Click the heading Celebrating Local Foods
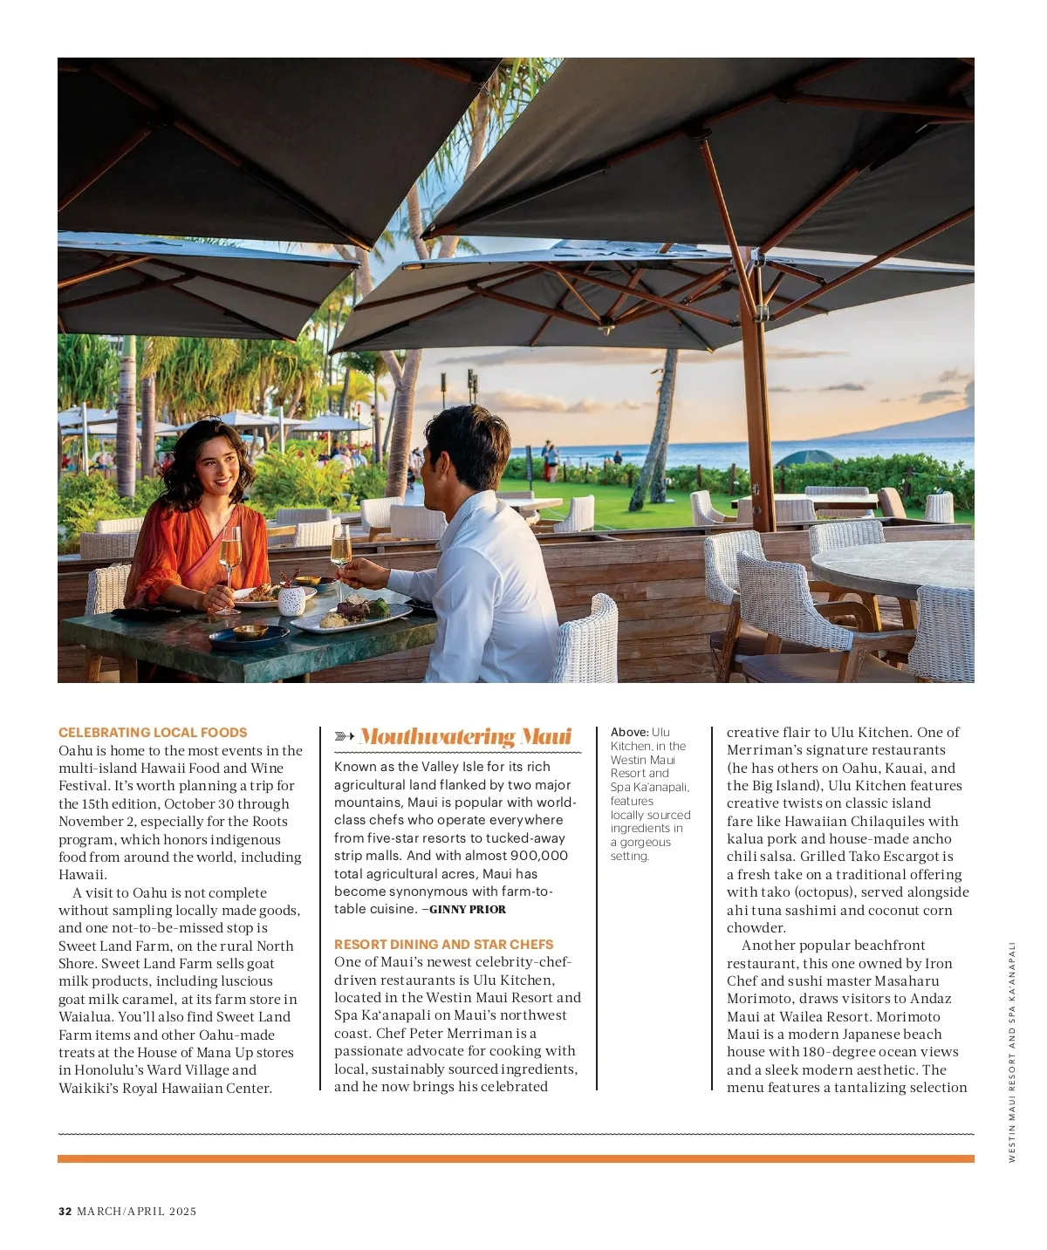[153, 733]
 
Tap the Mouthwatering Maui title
[465, 737]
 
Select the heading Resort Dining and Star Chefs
[443, 944]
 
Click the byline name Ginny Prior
[468, 909]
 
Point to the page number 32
[65, 1211]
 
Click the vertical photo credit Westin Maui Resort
[1012, 1051]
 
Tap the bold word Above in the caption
[629, 732]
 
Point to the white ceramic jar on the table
[291, 600]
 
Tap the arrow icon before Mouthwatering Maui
[345, 737]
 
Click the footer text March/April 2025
[137, 1211]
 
